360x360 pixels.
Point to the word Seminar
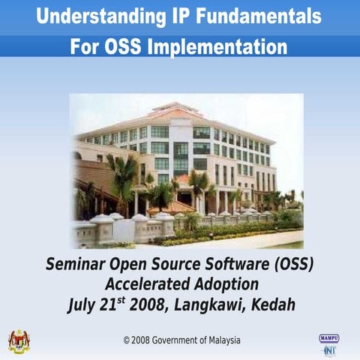78,265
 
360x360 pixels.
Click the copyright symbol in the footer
127,340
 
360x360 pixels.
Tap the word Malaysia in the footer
223,340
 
